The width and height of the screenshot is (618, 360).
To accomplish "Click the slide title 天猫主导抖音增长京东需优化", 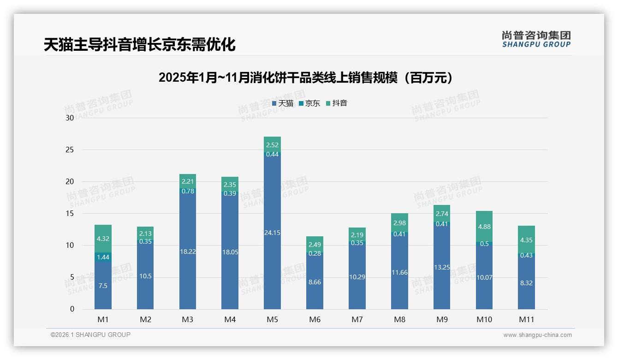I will coord(139,45).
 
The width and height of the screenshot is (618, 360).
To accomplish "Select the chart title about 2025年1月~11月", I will coord(305,78).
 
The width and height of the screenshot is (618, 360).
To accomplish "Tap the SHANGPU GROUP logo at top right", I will coord(536,39).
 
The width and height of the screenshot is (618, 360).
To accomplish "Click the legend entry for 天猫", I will coord(283,103).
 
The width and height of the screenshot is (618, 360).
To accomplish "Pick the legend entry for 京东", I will coord(309,103).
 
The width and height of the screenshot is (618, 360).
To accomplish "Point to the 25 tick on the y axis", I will coord(70,150).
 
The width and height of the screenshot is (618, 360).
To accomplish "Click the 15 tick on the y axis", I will coord(70,214).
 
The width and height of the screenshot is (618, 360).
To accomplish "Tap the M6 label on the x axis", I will coord(315,319).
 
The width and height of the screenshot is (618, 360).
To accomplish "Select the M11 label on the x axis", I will coord(526,319).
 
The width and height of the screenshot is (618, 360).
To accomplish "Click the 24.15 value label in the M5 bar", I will coord(272,233).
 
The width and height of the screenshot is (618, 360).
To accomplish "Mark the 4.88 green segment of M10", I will coord(484,227).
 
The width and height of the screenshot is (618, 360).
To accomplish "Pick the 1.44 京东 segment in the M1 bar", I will coord(103,257).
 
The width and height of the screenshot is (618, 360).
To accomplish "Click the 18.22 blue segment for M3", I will coord(188,252).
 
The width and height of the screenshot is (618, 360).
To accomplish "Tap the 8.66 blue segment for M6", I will coord(315,282).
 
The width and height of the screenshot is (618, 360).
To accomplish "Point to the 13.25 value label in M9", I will coord(442,267).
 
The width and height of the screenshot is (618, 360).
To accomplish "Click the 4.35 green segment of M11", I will coord(526,240).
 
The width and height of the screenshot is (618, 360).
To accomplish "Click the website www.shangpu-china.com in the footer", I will coord(537,335).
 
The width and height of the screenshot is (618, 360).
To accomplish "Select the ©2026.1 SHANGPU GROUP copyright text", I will coord(90,335).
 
